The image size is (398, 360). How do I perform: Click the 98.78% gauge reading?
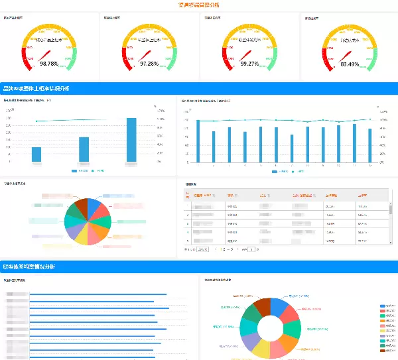pos(49,64)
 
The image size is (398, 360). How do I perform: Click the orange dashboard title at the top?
pos(200,5)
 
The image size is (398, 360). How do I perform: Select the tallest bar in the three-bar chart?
pos(131,140)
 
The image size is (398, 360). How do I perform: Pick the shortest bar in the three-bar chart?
pos(36,154)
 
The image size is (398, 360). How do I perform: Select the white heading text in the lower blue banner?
pos(30,267)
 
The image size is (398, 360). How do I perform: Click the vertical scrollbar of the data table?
pos(390,210)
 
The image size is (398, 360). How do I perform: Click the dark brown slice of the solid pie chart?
pos(80,205)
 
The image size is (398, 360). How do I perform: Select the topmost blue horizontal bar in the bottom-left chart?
pos(93,294)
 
